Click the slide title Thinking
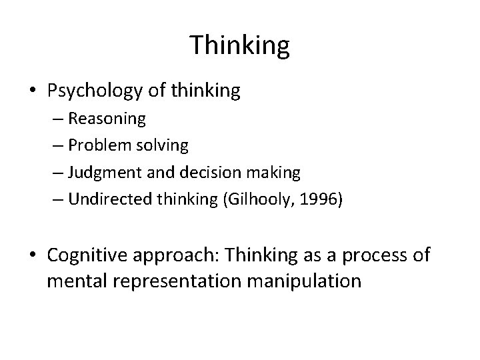(240, 45)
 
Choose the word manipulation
(304, 281)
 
